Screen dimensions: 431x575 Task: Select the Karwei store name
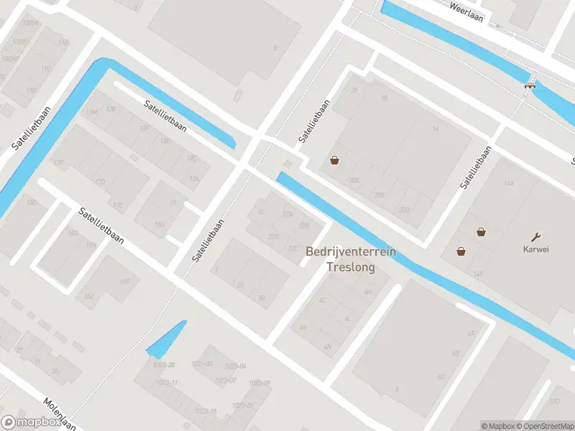point(535,250)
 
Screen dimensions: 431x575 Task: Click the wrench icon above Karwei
point(535,236)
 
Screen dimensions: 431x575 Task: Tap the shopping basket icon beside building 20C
point(334,160)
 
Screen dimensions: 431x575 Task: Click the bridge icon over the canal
point(530,85)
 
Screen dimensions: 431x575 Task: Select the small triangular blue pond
point(167,341)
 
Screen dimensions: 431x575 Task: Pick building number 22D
point(273,236)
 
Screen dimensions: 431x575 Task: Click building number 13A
point(194,178)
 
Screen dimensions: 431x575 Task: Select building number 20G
point(404,210)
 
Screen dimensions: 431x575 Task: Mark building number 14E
point(477,274)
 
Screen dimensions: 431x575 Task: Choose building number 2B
point(262,297)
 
